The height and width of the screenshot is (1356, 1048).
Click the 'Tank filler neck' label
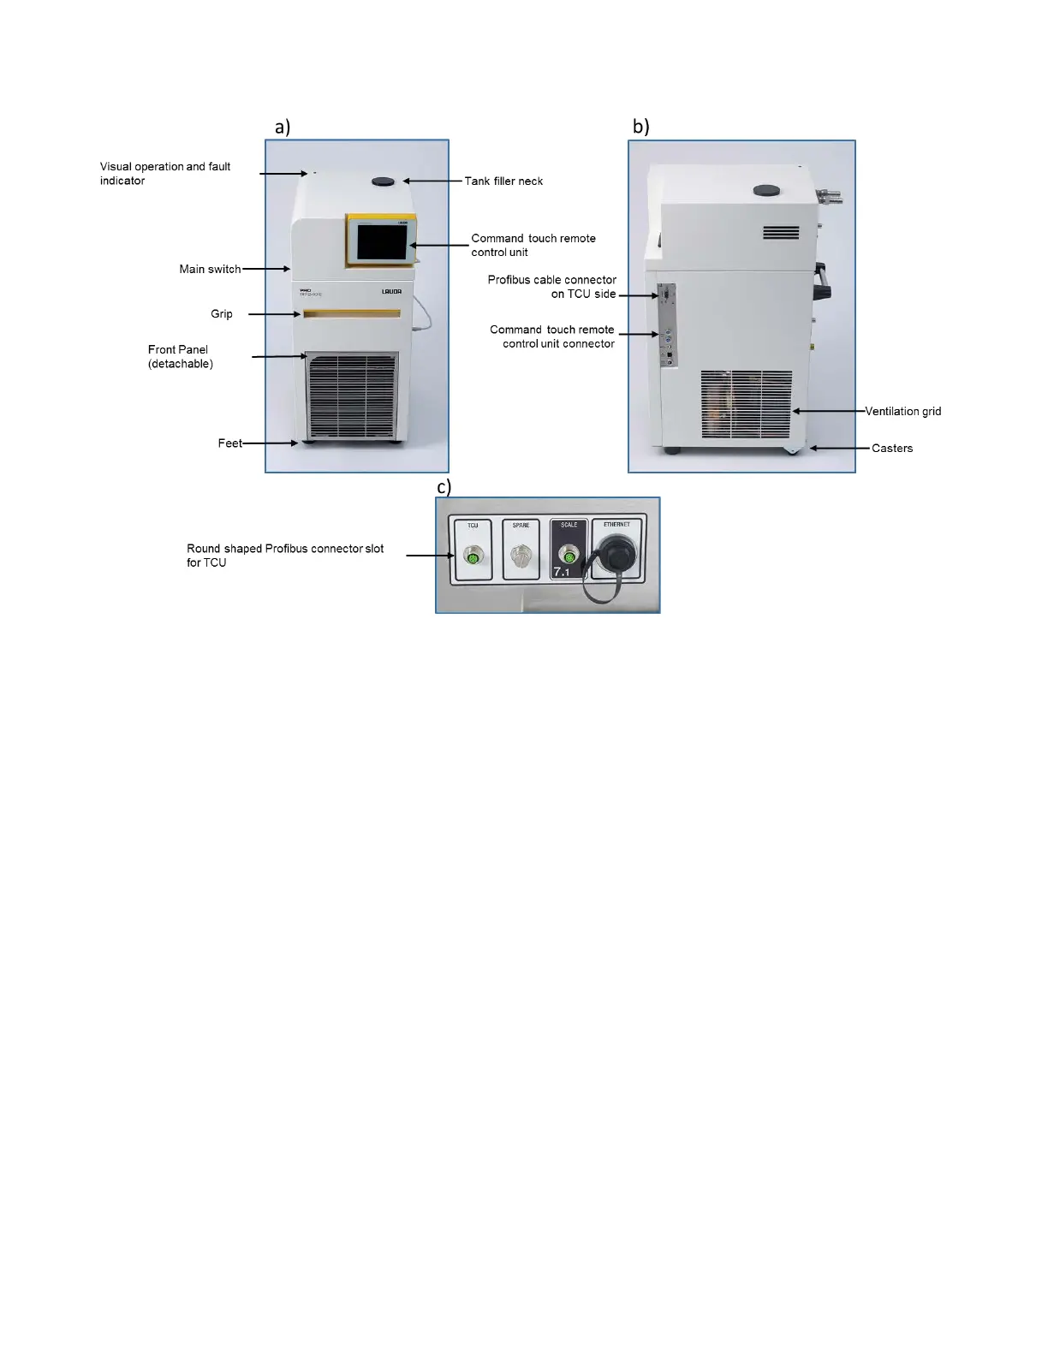(503, 181)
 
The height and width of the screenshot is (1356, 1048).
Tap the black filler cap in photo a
(384, 181)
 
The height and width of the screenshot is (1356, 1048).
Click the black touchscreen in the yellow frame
(381, 241)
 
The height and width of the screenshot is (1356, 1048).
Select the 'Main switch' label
(210, 269)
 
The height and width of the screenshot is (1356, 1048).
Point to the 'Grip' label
(222, 314)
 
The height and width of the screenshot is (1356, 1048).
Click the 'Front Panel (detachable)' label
(180, 356)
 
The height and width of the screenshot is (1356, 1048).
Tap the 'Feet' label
(229, 443)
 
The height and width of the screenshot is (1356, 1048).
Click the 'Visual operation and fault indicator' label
(165, 173)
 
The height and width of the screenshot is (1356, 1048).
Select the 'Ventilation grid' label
(902, 412)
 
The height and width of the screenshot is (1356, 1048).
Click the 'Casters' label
(892, 449)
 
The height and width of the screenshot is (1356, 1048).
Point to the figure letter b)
(640, 127)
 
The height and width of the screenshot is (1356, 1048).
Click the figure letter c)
(444, 487)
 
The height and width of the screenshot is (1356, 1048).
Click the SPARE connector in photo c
(519, 557)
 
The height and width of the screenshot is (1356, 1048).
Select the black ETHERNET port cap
(616, 554)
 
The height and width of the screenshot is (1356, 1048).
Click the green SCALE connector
(565, 556)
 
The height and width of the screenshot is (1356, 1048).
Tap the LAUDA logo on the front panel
(391, 292)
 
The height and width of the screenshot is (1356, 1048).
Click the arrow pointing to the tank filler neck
(432, 181)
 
